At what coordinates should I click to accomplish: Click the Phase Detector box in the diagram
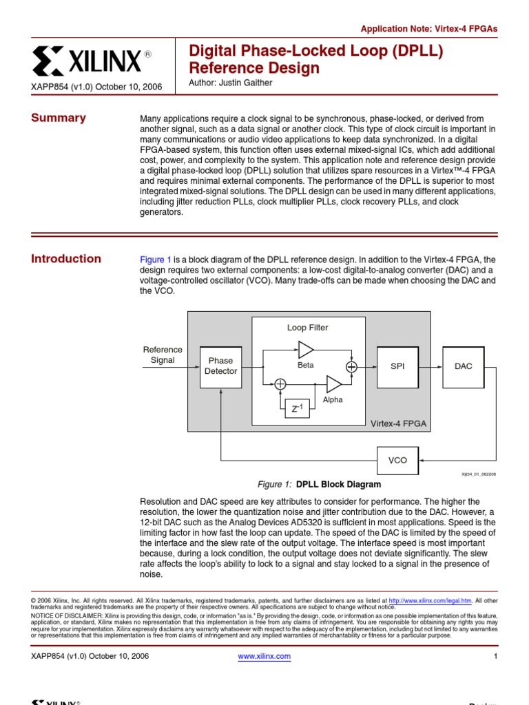click(x=220, y=366)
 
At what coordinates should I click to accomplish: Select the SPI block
click(x=397, y=366)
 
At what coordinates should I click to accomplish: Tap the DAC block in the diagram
click(x=464, y=366)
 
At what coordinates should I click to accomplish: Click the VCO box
click(x=397, y=461)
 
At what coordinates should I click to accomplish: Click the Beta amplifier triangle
click(x=305, y=350)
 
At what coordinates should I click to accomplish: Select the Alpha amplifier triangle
click(x=333, y=384)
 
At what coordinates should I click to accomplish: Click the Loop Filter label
click(x=307, y=328)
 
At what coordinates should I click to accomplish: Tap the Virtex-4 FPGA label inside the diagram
click(x=398, y=423)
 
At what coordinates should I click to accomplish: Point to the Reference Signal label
click(x=163, y=355)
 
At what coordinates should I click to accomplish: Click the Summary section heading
click(x=59, y=118)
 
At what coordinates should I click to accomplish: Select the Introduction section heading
click(x=66, y=259)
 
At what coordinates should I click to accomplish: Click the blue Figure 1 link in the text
click(x=156, y=260)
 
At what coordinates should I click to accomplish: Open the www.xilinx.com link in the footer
click(x=264, y=656)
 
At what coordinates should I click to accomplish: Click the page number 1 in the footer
click(x=495, y=656)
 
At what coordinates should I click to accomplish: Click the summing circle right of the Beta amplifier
click(x=352, y=366)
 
